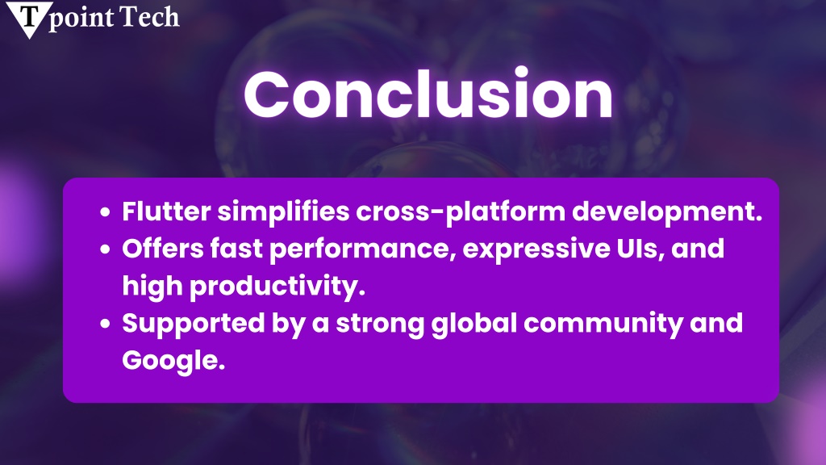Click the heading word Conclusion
(x=428, y=94)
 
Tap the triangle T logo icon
(x=29, y=18)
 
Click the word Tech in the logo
(x=149, y=17)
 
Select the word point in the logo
(x=81, y=19)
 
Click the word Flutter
(x=166, y=211)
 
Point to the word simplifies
(x=283, y=212)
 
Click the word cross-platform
(x=461, y=212)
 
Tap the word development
(x=667, y=212)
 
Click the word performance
(x=363, y=249)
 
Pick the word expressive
(x=536, y=249)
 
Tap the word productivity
(x=277, y=287)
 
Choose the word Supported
(x=194, y=324)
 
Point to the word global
(x=474, y=324)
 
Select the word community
(x=603, y=324)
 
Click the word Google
(x=173, y=361)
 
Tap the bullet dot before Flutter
(x=106, y=212)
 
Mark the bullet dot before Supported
(x=106, y=324)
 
